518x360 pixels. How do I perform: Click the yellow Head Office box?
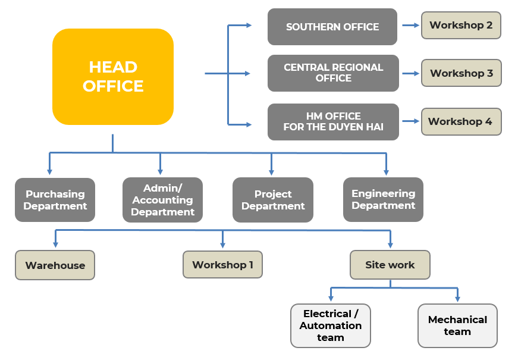pos(113,77)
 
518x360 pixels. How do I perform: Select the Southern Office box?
pos(332,27)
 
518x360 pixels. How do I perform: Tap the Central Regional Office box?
pos(333,73)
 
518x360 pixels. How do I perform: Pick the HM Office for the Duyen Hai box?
pos(333,121)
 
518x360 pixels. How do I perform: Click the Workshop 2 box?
pos(461,26)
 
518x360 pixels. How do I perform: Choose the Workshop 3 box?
pos(462,73)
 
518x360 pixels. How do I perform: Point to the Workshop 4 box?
pos(462,121)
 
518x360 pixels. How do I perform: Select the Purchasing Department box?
pos(55,200)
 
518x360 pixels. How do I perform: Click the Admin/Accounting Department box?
pos(162,200)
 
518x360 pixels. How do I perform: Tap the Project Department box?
pos(273,200)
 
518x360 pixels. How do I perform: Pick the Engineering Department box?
pos(383,199)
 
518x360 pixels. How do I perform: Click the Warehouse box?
pos(55,265)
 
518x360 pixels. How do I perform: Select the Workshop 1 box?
pos(222,264)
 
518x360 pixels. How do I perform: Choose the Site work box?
pos(390,265)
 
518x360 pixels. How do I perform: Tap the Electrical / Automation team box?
pos(331,325)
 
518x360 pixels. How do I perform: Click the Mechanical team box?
pos(457,325)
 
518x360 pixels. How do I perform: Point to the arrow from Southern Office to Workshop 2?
pos(410,25)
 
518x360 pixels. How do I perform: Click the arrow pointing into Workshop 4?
pos(410,121)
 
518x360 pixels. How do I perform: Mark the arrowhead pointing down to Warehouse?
pos(55,245)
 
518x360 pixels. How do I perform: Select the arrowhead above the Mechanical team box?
pos(457,299)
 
